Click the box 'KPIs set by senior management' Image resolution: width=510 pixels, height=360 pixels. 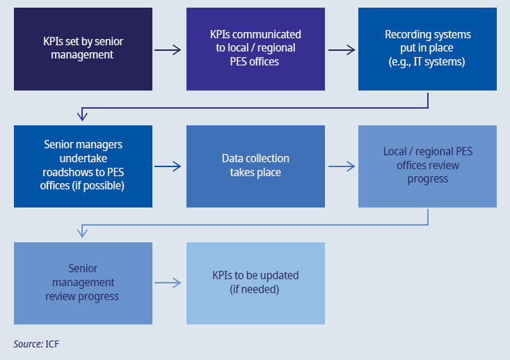[x=83, y=49]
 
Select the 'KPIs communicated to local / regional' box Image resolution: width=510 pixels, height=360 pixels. [x=255, y=49]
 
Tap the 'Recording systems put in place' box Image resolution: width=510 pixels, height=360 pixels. [x=427, y=49]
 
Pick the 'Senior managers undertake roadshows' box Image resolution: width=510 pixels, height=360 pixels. [x=83, y=166]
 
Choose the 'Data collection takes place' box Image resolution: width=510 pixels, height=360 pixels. [x=255, y=166]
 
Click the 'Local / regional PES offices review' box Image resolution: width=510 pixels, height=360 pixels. [x=427, y=166]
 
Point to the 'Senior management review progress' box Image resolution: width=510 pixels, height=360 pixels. [x=83, y=283]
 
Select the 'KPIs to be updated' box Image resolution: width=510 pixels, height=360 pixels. [x=255, y=283]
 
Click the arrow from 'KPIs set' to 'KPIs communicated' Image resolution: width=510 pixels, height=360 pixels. [x=168, y=49]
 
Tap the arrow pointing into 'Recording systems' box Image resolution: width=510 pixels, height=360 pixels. [x=341, y=49]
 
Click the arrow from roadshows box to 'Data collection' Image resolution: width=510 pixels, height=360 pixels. [x=168, y=166]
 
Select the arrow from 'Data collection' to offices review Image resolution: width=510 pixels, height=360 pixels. [x=341, y=166]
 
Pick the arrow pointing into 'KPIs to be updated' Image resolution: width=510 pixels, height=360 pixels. [x=168, y=283]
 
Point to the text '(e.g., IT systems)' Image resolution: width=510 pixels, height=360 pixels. [x=427, y=61]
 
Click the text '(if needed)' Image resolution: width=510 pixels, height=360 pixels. [x=255, y=289]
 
